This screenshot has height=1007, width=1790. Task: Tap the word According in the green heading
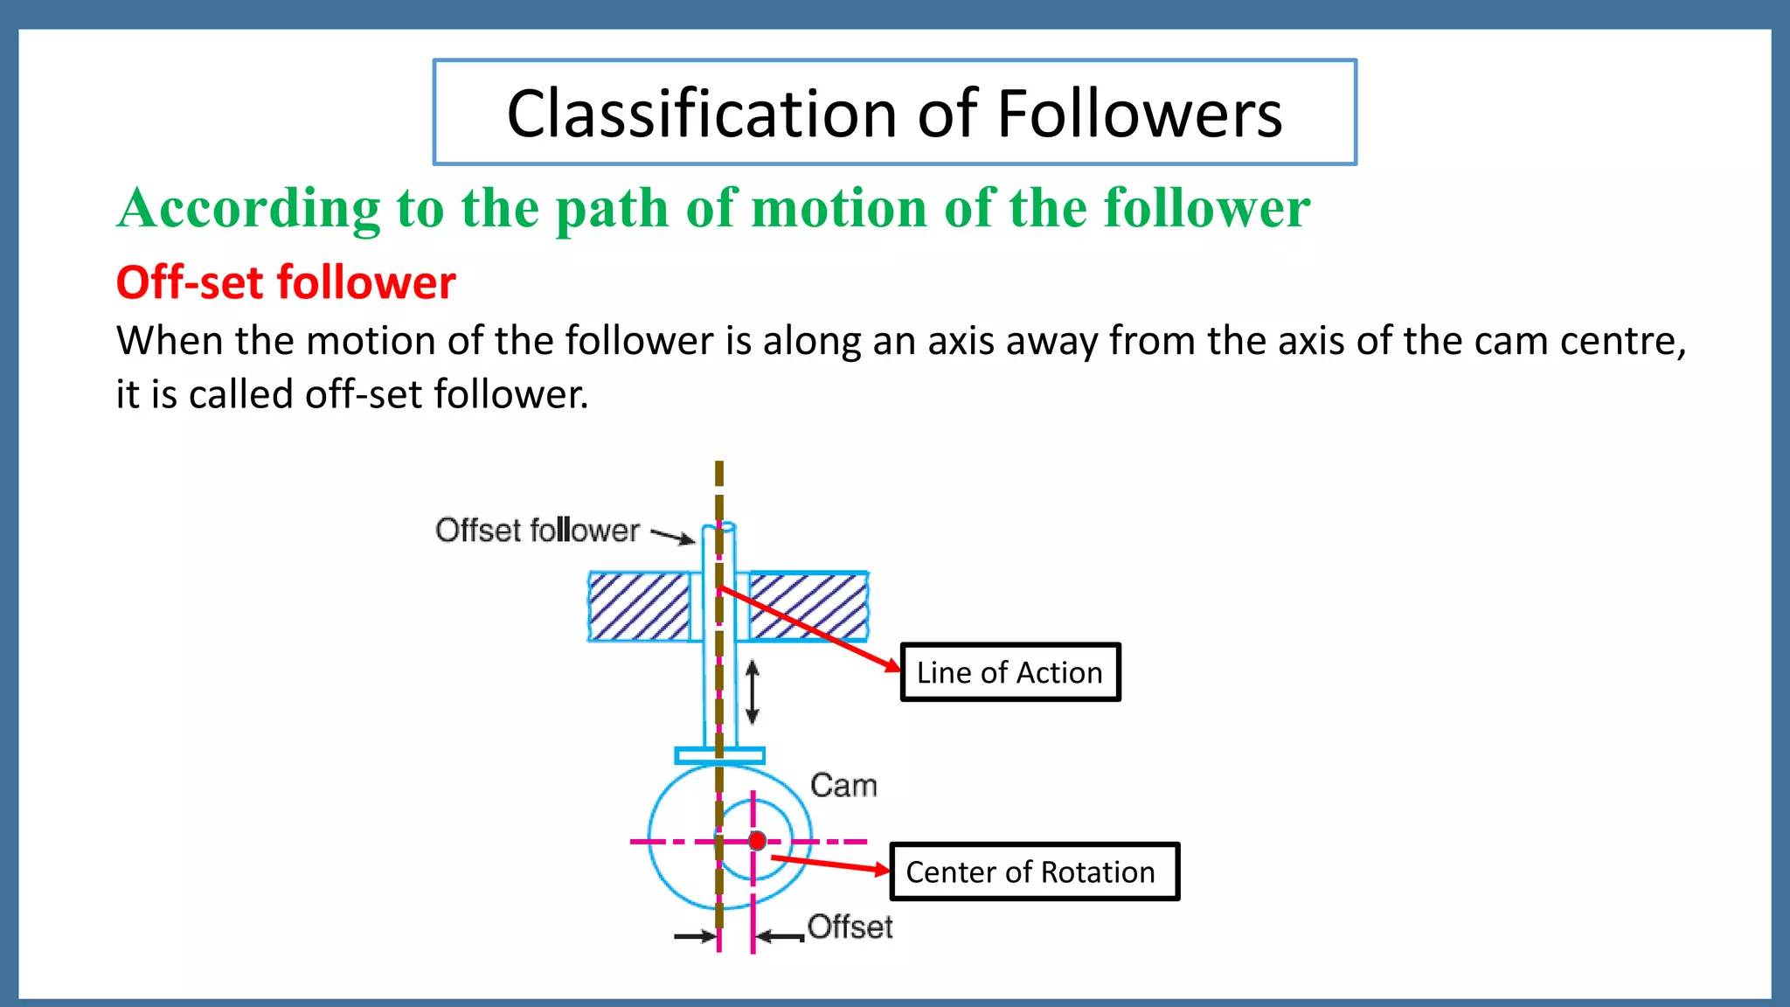coord(249,209)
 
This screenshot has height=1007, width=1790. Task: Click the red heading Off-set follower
coord(286,283)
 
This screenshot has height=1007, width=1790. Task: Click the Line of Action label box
coord(1009,672)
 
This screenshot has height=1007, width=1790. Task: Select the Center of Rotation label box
coord(1033,872)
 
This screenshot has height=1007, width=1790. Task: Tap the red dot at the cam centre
coord(758,841)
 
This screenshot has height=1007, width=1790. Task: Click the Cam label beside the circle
coord(843,785)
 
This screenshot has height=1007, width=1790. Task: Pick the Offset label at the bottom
coord(850,927)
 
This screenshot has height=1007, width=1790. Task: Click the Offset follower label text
coord(537,531)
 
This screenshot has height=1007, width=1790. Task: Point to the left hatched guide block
coord(639,607)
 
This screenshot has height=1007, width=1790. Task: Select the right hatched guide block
coord(808,607)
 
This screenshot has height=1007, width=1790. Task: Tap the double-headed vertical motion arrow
coord(753,692)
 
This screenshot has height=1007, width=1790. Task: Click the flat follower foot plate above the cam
coord(719,755)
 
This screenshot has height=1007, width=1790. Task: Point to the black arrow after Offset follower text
coord(673,536)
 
